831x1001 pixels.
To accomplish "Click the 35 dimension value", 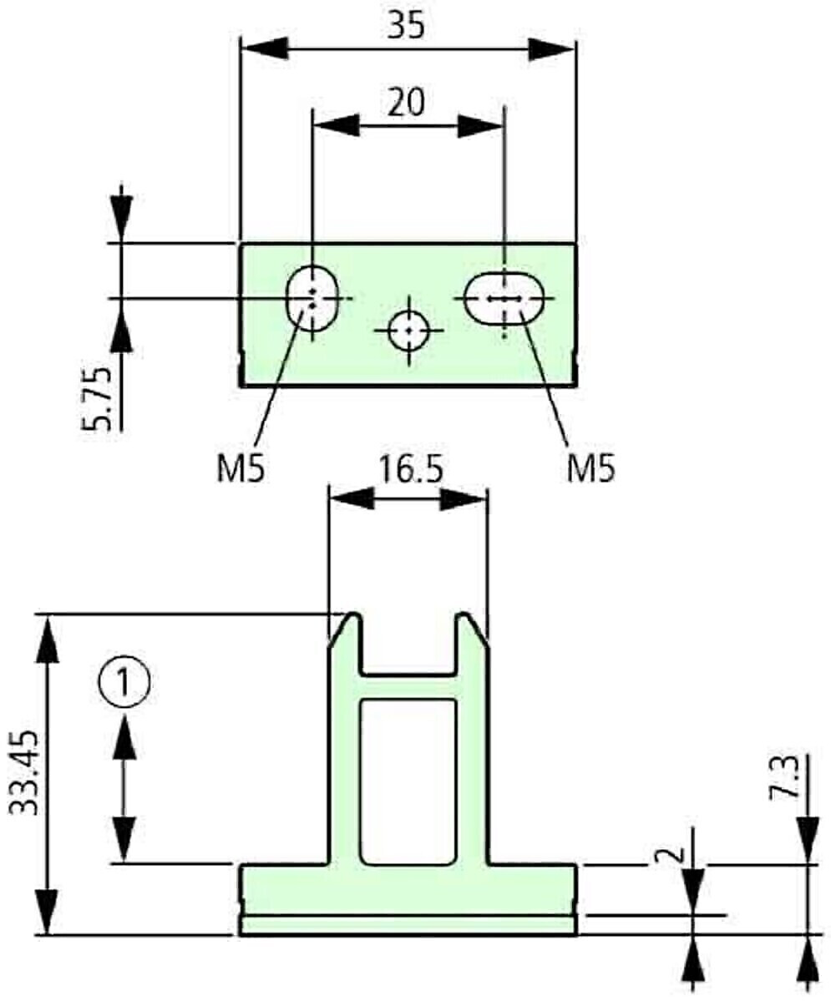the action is (x=406, y=26).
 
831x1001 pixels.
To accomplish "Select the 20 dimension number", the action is (x=407, y=102).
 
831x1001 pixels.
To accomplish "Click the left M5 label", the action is (x=241, y=469).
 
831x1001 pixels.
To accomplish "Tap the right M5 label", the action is (x=591, y=469).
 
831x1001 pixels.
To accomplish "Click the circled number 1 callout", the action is (x=124, y=683).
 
